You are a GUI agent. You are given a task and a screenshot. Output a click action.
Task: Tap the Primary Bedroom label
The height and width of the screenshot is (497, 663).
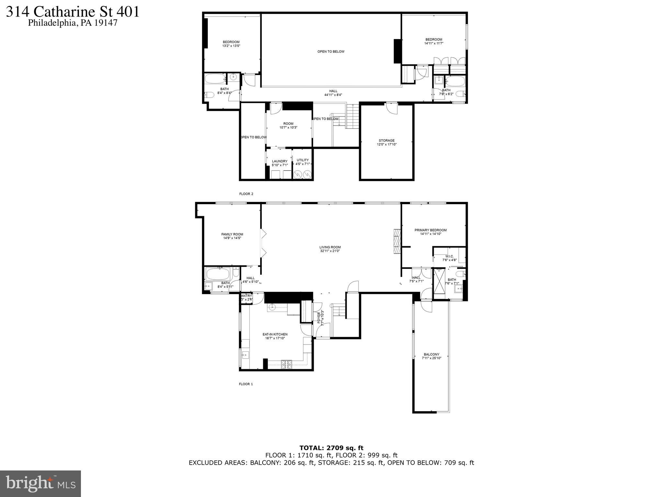click(430, 230)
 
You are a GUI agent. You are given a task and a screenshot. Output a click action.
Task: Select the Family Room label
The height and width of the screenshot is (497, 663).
click(232, 235)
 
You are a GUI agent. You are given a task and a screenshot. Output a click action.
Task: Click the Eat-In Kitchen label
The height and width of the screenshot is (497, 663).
click(275, 335)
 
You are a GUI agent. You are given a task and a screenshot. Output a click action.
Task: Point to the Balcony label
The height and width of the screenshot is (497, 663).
click(431, 354)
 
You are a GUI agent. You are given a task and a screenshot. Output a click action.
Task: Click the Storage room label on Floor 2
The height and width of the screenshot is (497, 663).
click(387, 141)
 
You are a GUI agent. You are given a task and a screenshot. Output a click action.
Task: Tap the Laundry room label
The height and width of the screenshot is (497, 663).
click(280, 161)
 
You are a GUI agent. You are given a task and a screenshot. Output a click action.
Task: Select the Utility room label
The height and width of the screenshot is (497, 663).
click(303, 160)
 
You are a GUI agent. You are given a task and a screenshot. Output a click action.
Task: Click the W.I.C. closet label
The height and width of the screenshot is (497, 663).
click(450, 257)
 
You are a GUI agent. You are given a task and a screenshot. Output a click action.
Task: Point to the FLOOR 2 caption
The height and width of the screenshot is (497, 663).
click(246, 194)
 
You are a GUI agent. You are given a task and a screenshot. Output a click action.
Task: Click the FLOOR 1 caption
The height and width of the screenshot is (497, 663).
click(246, 384)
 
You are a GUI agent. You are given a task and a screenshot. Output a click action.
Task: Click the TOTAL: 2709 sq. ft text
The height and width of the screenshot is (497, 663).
click(331, 448)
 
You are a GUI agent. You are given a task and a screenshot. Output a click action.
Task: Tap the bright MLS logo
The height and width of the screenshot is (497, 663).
click(40, 483)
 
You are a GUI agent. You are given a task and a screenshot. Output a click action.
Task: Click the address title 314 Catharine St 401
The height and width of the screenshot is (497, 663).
click(73, 12)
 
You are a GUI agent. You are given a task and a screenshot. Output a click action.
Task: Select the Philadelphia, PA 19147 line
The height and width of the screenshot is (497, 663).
click(73, 23)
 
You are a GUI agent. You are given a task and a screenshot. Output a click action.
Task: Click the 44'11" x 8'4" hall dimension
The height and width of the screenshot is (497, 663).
click(333, 95)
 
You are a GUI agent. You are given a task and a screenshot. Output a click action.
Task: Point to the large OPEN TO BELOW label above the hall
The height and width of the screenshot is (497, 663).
click(331, 51)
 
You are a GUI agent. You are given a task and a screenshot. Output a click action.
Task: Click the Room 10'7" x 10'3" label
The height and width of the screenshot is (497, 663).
click(288, 126)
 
